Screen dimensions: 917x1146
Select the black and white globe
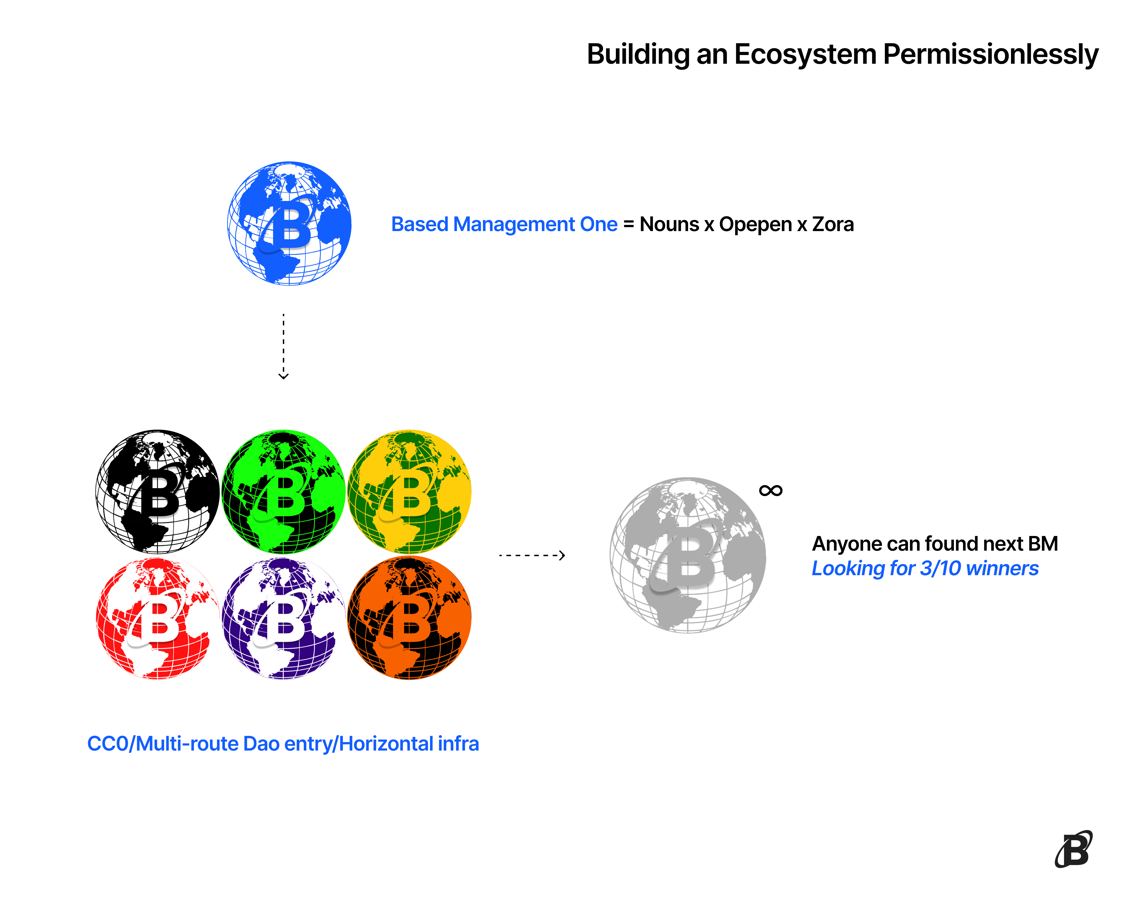[x=157, y=492]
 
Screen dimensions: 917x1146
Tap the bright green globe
[x=283, y=492]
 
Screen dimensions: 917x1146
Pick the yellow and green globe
[x=409, y=492]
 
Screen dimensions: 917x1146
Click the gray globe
[x=688, y=555]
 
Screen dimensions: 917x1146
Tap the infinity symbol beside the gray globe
[x=771, y=490]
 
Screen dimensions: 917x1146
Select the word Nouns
[x=669, y=224]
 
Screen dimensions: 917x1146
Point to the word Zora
[x=833, y=224]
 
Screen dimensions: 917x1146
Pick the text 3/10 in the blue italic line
[x=941, y=568]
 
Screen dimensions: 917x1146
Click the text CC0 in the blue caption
[x=108, y=744]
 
